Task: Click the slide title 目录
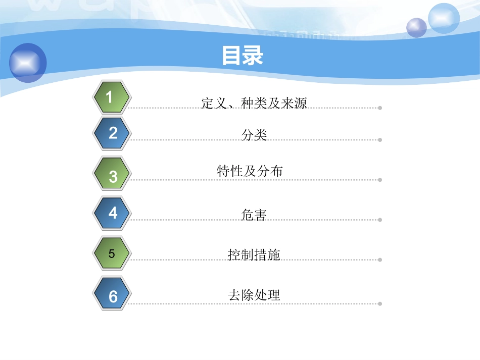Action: (243, 56)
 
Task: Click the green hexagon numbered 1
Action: (112, 97)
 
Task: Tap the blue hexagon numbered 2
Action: (112, 133)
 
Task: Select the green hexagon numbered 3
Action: (112, 176)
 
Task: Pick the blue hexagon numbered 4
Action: (112, 213)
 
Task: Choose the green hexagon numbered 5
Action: (112, 253)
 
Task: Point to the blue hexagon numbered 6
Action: (112, 296)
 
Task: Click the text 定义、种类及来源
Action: (254, 103)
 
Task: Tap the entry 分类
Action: (254, 135)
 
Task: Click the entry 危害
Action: (254, 215)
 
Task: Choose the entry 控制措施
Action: (254, 255)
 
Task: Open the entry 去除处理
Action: (254, 295)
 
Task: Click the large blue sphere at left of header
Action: (28, 63)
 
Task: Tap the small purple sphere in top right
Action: (416, 27)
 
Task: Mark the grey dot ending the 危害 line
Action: (380, 220)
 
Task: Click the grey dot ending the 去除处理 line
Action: (380, 303)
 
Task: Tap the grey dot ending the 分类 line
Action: (380, 140)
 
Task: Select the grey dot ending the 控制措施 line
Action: (380, 261)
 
